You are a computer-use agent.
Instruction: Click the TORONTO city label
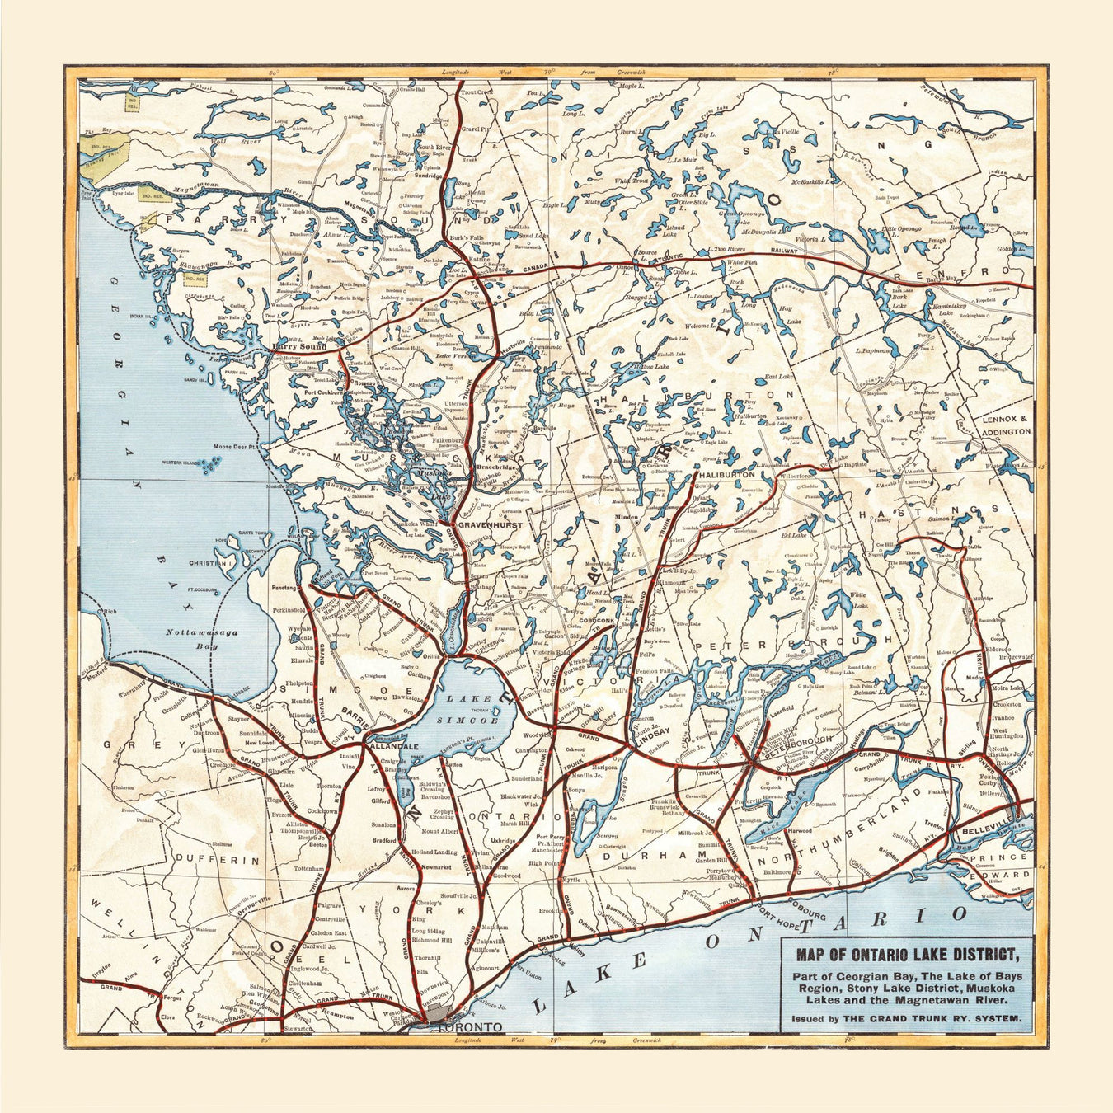point(469,1027)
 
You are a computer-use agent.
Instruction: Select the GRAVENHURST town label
point(491,524)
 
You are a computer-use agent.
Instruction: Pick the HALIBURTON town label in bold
point(726,475)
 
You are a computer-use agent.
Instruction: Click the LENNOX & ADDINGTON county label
point(1006,425)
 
